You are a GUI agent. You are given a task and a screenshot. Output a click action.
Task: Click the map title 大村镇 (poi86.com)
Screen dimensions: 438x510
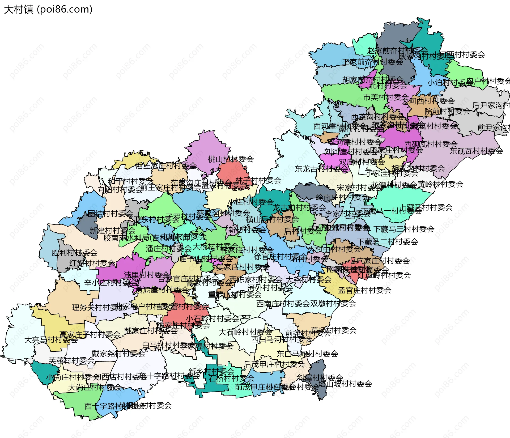coord(48,9)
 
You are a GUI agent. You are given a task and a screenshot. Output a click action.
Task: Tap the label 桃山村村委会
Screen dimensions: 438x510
coord(231,159)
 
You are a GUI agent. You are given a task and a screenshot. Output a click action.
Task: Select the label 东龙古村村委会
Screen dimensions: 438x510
coord(321,169)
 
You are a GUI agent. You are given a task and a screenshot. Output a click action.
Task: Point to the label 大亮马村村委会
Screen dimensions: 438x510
coord(51,340)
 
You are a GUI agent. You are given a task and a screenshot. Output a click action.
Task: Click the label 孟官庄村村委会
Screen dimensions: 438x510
coord(364,290)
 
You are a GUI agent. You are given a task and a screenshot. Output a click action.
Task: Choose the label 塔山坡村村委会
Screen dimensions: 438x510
coord(345,384)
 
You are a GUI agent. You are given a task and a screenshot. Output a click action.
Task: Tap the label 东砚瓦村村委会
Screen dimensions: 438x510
coord(476,151)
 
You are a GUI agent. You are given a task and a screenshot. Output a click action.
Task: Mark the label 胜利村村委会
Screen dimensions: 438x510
coord(74,253)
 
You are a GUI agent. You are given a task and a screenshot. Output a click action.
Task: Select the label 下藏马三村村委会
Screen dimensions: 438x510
coord(404,229)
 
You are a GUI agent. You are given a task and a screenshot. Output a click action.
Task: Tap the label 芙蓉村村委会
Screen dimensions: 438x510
coord(72,360)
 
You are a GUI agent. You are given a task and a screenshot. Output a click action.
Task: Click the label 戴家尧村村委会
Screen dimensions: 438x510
coord(118,353)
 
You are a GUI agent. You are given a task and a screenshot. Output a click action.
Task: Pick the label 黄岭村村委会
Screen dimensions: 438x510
coord(440,184)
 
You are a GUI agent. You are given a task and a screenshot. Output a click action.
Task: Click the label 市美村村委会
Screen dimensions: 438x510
coord(386,97)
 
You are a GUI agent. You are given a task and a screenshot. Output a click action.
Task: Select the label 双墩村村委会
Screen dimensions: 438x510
coord(333,303)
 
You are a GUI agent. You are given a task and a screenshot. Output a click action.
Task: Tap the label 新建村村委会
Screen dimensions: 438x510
coord(112,230)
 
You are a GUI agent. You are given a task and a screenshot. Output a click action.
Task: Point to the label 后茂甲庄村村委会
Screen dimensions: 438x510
coord(274,364)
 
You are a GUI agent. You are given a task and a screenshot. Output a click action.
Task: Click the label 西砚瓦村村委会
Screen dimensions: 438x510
coord(431,144)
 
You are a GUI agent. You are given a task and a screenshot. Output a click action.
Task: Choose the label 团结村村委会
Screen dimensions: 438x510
coord(110,213)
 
